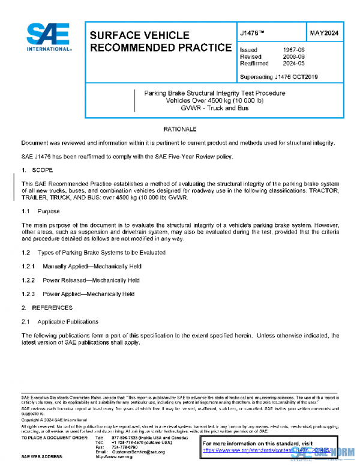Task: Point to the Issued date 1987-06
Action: (294, 50)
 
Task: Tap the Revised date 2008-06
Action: (294, 56)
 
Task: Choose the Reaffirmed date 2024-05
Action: (294, 63)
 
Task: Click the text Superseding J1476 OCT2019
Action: (278, 77)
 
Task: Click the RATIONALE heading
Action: (179, 130)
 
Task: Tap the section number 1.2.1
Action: (28, 266)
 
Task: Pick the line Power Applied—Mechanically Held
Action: (89, 294)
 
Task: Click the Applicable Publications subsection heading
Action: (68, 321)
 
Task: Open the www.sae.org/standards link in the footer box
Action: (264, 449)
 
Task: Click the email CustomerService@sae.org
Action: (138, 451)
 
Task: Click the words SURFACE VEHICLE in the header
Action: (139, 35)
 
